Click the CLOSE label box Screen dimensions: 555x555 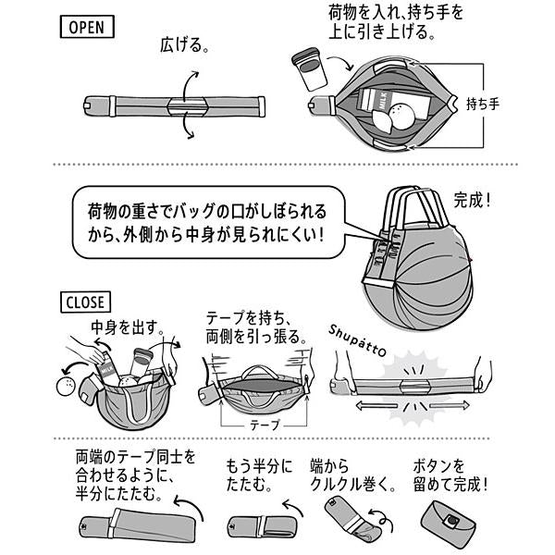[87, 301]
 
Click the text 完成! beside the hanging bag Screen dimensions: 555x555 [477, 199]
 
